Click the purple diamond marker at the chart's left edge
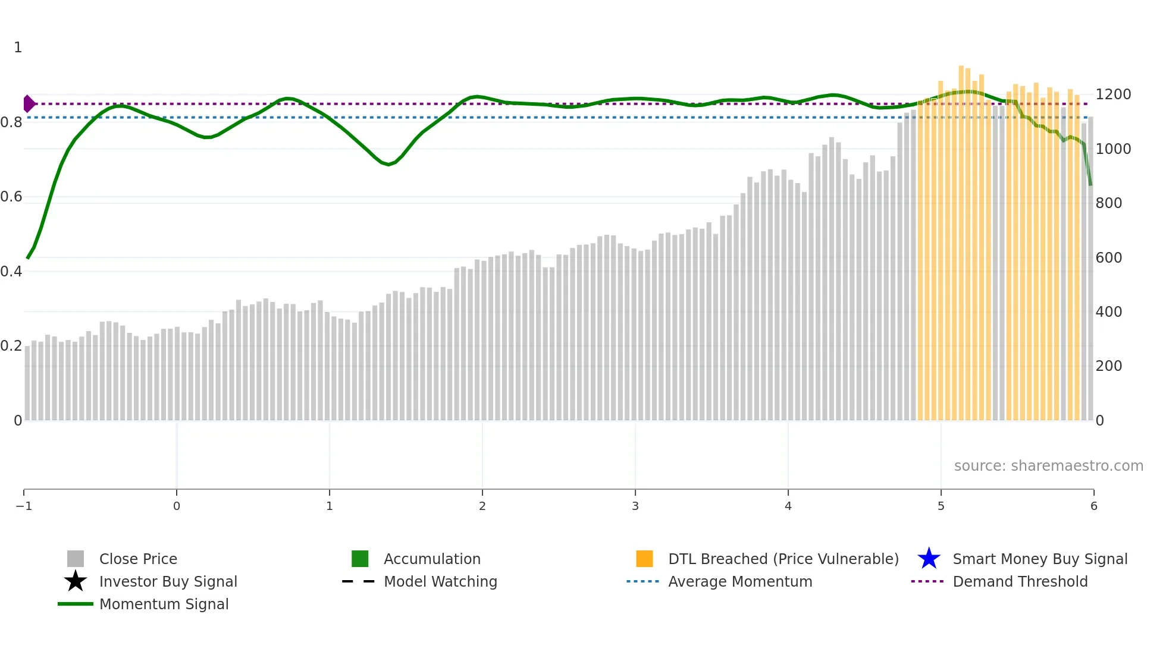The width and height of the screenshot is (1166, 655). [x=29, y=103]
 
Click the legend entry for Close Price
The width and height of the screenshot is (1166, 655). [x=138, y=559]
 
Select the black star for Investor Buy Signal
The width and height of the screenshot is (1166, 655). [x=76, y=581]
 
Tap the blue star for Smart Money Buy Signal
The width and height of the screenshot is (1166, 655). [x=929, y=559]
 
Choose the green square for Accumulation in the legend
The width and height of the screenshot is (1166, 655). [x=360, y=559]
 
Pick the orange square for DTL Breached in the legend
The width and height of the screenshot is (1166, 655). [x=644, y=559]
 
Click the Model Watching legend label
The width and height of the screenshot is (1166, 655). [x=440, y=581]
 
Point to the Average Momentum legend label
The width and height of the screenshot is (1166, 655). [x=740, y=581]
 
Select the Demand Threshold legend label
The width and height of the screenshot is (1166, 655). [x=1020, y=581]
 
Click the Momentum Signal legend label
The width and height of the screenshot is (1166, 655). [x=164, y=604]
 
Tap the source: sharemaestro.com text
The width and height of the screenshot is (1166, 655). [x=1048, y=465]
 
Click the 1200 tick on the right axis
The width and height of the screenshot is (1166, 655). [x=1113, y=95]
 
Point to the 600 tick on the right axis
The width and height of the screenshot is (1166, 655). [x=1109, y=257]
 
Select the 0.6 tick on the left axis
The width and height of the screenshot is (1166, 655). [x=11, y=197]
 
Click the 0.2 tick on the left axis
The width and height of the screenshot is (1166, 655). [x=11, y=346]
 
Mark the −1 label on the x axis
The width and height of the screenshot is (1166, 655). [x=24, y=506]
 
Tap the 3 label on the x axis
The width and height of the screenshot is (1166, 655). [x=635, y=506]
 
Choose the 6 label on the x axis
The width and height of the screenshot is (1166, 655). [x=1093, y=506]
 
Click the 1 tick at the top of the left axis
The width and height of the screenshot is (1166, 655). [x=18, y=48]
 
